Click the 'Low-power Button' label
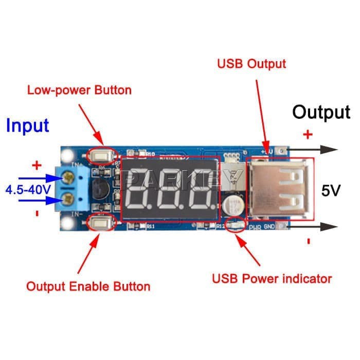coord(79,91)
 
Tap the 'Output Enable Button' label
coord(88,286)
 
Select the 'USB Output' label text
coord(251,64)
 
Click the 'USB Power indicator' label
coord(272,279)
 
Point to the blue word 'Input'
coord(27,125)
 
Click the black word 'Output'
coord(321,112)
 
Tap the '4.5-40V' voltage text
coord(28,190)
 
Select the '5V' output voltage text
coord(331,191)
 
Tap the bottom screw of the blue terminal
coord(68,199)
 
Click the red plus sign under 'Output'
coord(308,135)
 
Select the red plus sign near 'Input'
coord(37,166)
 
